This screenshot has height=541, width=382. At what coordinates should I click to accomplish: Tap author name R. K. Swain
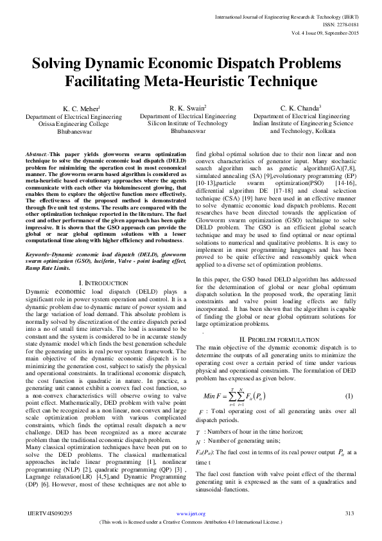pyautogui.click(x=187, y=107)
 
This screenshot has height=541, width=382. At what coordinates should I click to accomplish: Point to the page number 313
pyautogui.click(x=350, y=513)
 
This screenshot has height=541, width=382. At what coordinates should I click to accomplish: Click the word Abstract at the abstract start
pyautogui.click(x=37, y=155)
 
